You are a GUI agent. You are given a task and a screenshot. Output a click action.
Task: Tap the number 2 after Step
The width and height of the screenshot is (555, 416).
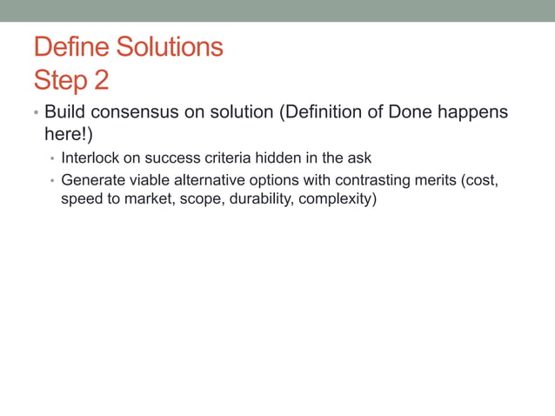[x=101, y=80]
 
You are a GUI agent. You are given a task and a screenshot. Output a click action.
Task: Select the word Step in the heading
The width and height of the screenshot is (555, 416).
[x=60, y=80]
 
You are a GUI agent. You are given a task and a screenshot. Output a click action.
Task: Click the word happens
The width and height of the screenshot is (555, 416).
[x=471, y=113]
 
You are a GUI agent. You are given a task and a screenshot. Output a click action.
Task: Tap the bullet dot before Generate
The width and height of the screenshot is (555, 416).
[x=52, y=182]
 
